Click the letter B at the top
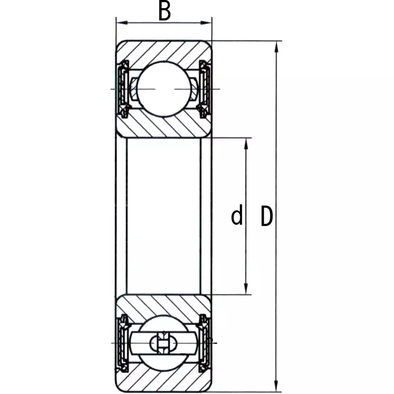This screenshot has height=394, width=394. tap(164, 12)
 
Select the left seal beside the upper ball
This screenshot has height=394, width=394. tap(122, 89)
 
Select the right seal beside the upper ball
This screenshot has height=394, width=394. tap(205, 89)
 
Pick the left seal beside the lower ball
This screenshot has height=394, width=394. tap(122, 343)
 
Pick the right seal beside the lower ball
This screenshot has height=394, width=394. tap(205, 343)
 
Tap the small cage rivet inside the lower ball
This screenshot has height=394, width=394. tap(163, 343)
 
